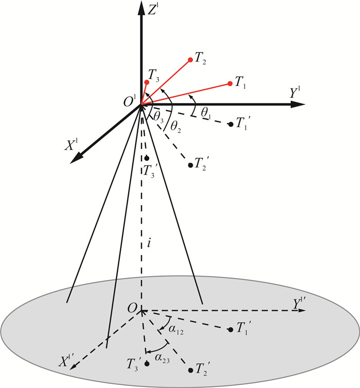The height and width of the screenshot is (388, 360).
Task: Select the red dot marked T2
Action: (190, 60)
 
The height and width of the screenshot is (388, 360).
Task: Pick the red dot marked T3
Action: (147, 82)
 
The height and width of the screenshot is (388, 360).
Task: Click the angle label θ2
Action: (176, 125)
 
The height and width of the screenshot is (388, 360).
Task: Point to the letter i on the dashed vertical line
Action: (149, 245)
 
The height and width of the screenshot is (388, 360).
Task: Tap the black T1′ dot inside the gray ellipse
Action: (230, 329)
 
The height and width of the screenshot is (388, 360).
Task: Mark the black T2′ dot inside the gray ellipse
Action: (191, 369)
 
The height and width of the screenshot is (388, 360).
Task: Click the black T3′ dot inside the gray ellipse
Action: (147, 364)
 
